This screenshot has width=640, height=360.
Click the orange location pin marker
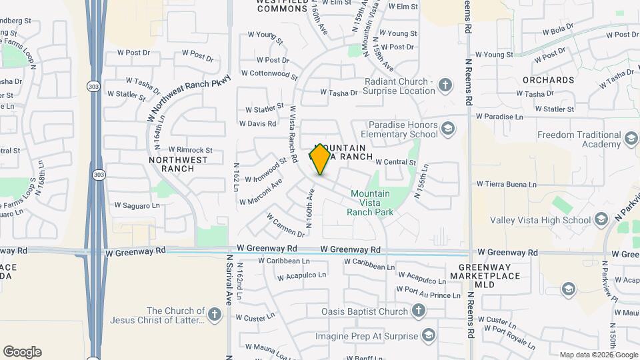pos(320,159)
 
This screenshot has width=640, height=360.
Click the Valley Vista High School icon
pos(601,219)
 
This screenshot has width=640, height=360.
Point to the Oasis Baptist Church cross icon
pos(418,311)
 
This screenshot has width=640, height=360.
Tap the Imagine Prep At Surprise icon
pos(429,335)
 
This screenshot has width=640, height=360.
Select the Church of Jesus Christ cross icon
pos(214,314)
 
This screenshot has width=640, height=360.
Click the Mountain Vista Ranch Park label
pos(371,203)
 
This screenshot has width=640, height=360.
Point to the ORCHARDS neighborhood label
pos(548,80)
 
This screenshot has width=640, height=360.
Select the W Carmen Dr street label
pos(285,225)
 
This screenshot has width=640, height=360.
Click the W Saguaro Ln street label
pos(137,205)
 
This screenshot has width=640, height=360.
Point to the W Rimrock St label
pos(190,150)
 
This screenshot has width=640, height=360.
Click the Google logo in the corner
pos(22,352)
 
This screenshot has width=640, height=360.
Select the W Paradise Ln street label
pos(499,116)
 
